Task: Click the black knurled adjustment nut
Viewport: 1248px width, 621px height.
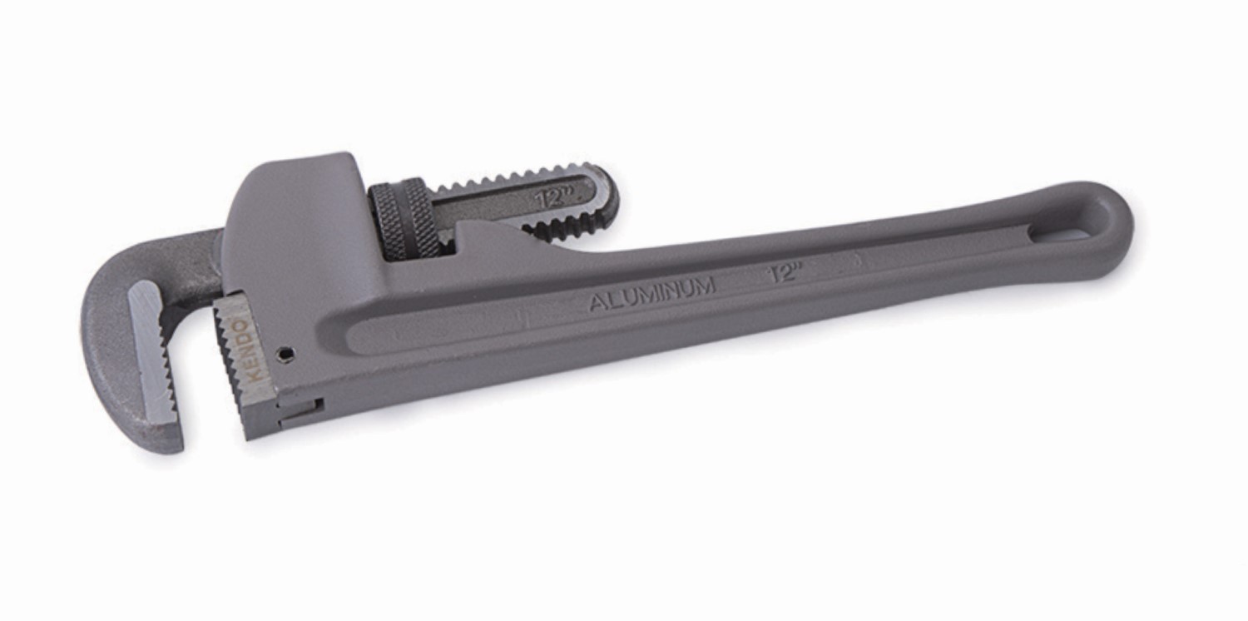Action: (404, 218)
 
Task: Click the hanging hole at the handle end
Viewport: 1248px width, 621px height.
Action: (1072, 227)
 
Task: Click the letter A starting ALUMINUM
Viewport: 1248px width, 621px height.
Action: (597, 302)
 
